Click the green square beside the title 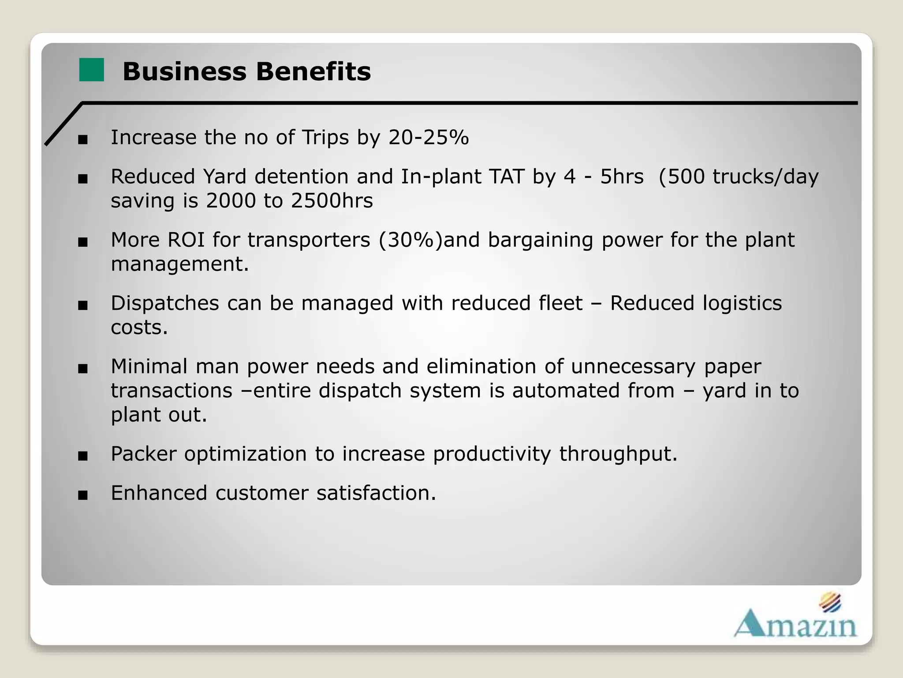pos(91,70)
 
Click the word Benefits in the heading pos(313,72)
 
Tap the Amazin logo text pos(795,624)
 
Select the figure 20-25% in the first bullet pos(428,137)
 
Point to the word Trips pos(325,137)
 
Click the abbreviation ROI pos(186,240)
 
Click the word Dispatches pos(165,303)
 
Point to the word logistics pos(742,303)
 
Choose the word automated pos(593,391)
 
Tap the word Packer pos(143,454)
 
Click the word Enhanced pos(159,493)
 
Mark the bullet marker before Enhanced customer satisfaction pos(82,495)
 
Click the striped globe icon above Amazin pos(830,602)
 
